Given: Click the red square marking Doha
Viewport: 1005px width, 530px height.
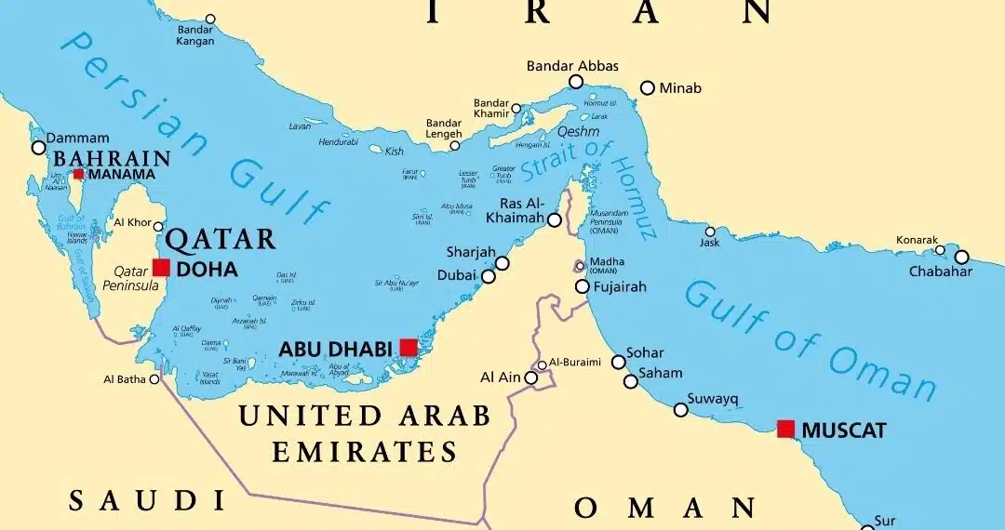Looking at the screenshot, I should tap(161, 268).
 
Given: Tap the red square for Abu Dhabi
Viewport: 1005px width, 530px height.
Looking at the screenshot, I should tap(408, 348).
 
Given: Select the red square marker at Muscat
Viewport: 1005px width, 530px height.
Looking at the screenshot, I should tap(785, 429).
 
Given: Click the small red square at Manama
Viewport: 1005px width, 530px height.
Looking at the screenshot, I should tap(79, 174).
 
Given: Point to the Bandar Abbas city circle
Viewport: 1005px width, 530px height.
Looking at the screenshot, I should tap(576, 83).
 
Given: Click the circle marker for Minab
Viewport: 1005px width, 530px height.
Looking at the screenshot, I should tap(648, 88).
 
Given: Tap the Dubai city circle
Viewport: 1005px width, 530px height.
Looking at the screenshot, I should tap(488, 276).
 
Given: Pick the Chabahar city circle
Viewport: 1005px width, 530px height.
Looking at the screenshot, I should tap(961, 257).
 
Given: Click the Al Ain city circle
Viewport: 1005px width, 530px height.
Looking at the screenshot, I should tap(531, 378).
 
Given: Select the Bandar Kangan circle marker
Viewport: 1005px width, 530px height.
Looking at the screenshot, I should tap(210, 19).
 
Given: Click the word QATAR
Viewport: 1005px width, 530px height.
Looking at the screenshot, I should tap(221, 239).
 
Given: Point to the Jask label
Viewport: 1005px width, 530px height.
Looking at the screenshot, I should tap(710, 244).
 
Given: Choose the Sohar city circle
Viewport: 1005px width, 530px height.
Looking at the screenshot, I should tap(618, 362).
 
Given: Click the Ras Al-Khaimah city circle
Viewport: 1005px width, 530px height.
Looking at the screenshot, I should tap(555, 220).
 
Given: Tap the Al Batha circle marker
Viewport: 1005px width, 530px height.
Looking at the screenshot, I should tap(154, 378).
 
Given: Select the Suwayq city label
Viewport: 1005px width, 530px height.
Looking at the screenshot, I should tap(713, 399).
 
